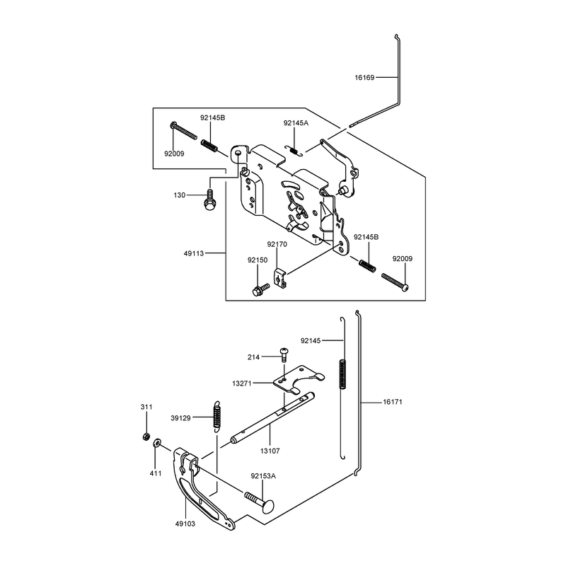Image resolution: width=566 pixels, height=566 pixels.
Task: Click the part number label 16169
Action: [364, 77]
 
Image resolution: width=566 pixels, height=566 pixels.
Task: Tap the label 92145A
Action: [296, 122]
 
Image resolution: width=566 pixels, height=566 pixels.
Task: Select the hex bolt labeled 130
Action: [209, 200]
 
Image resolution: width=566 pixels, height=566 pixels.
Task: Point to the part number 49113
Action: [194, 253]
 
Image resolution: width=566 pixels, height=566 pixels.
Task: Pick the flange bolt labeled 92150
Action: [260, 289]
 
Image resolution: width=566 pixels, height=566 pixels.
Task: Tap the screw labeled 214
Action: [284, 355]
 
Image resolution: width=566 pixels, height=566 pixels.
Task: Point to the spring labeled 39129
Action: [216, 416]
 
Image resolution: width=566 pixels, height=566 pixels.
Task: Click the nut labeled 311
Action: [146, 437]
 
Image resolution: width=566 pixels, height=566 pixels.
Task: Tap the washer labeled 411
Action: [158, 443]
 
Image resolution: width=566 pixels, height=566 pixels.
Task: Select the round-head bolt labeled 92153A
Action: [259, 502]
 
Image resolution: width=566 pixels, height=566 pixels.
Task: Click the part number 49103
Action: [185, 524]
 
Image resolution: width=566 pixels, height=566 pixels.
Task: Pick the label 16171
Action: [393, 402]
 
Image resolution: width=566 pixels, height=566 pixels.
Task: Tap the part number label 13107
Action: [270, 451]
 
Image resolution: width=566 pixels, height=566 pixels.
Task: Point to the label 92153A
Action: [263, 476]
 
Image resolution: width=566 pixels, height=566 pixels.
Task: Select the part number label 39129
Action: [180, 418]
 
